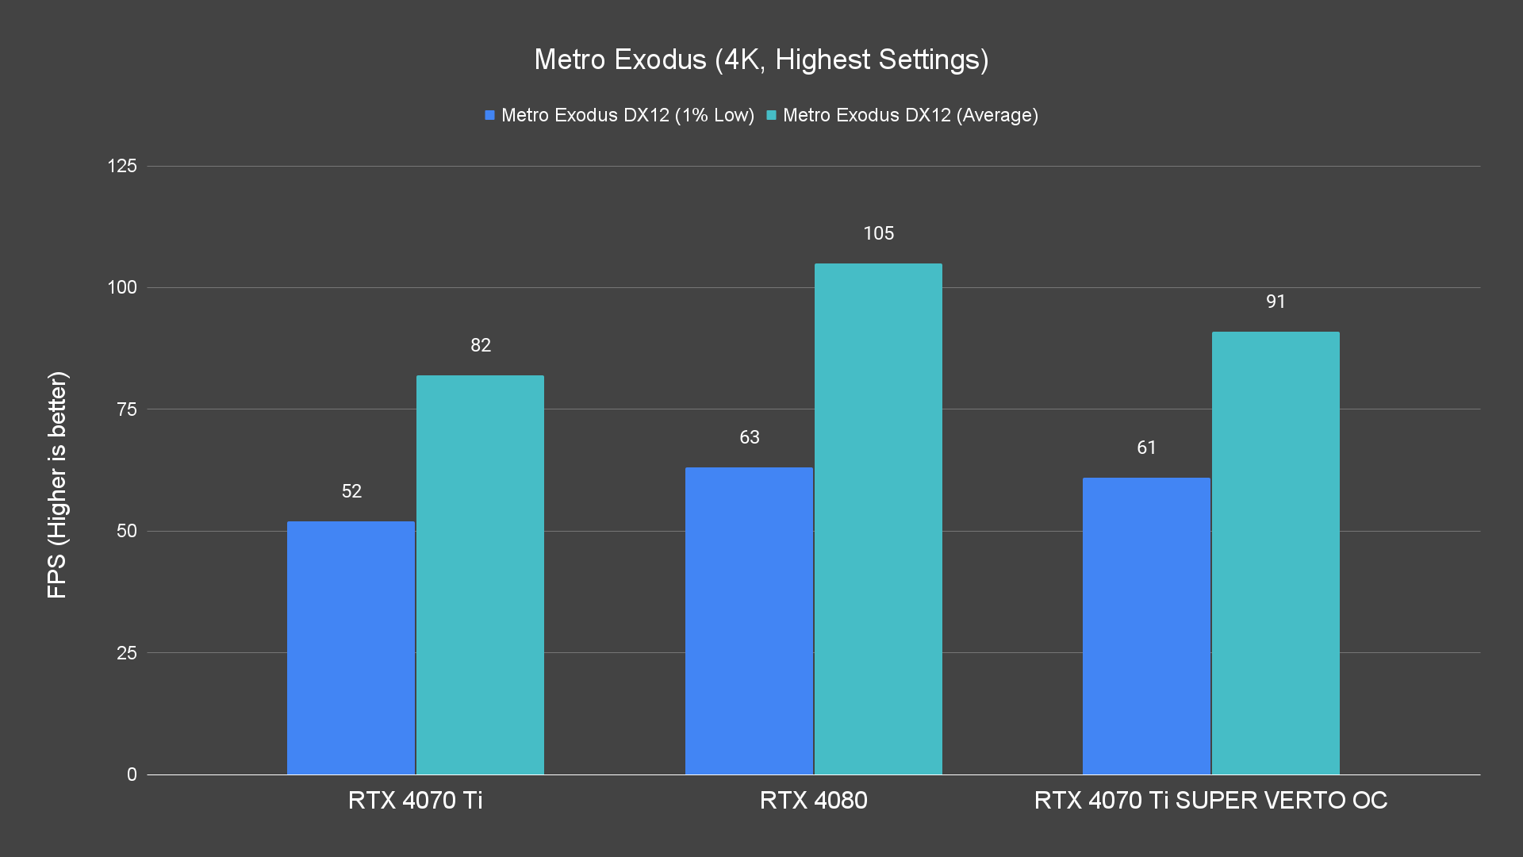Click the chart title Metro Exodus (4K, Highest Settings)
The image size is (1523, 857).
(761, 60)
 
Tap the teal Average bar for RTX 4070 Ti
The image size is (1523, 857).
(480, 575)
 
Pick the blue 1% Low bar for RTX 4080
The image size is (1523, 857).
(749, 621)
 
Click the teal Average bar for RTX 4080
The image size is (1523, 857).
(878, 519)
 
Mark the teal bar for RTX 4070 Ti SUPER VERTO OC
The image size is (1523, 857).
(1276, 553)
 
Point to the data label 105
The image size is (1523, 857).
(878, 233)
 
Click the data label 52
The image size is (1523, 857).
(351, 491)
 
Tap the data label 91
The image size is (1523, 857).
(1276, 302)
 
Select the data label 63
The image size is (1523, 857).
(750, 437)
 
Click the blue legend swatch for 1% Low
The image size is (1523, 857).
(490, 115)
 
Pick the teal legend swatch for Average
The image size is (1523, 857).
(771, 115)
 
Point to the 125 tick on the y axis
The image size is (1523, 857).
(122, 166)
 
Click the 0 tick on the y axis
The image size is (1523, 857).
(132, 774)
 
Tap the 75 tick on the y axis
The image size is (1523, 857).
(127, 409)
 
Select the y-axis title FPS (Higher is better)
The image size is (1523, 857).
(57, 485)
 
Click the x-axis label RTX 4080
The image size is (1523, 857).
(813, 800)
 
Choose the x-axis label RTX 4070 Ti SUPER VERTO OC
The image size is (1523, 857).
(1210, 800)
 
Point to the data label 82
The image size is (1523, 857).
(481, 345)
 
